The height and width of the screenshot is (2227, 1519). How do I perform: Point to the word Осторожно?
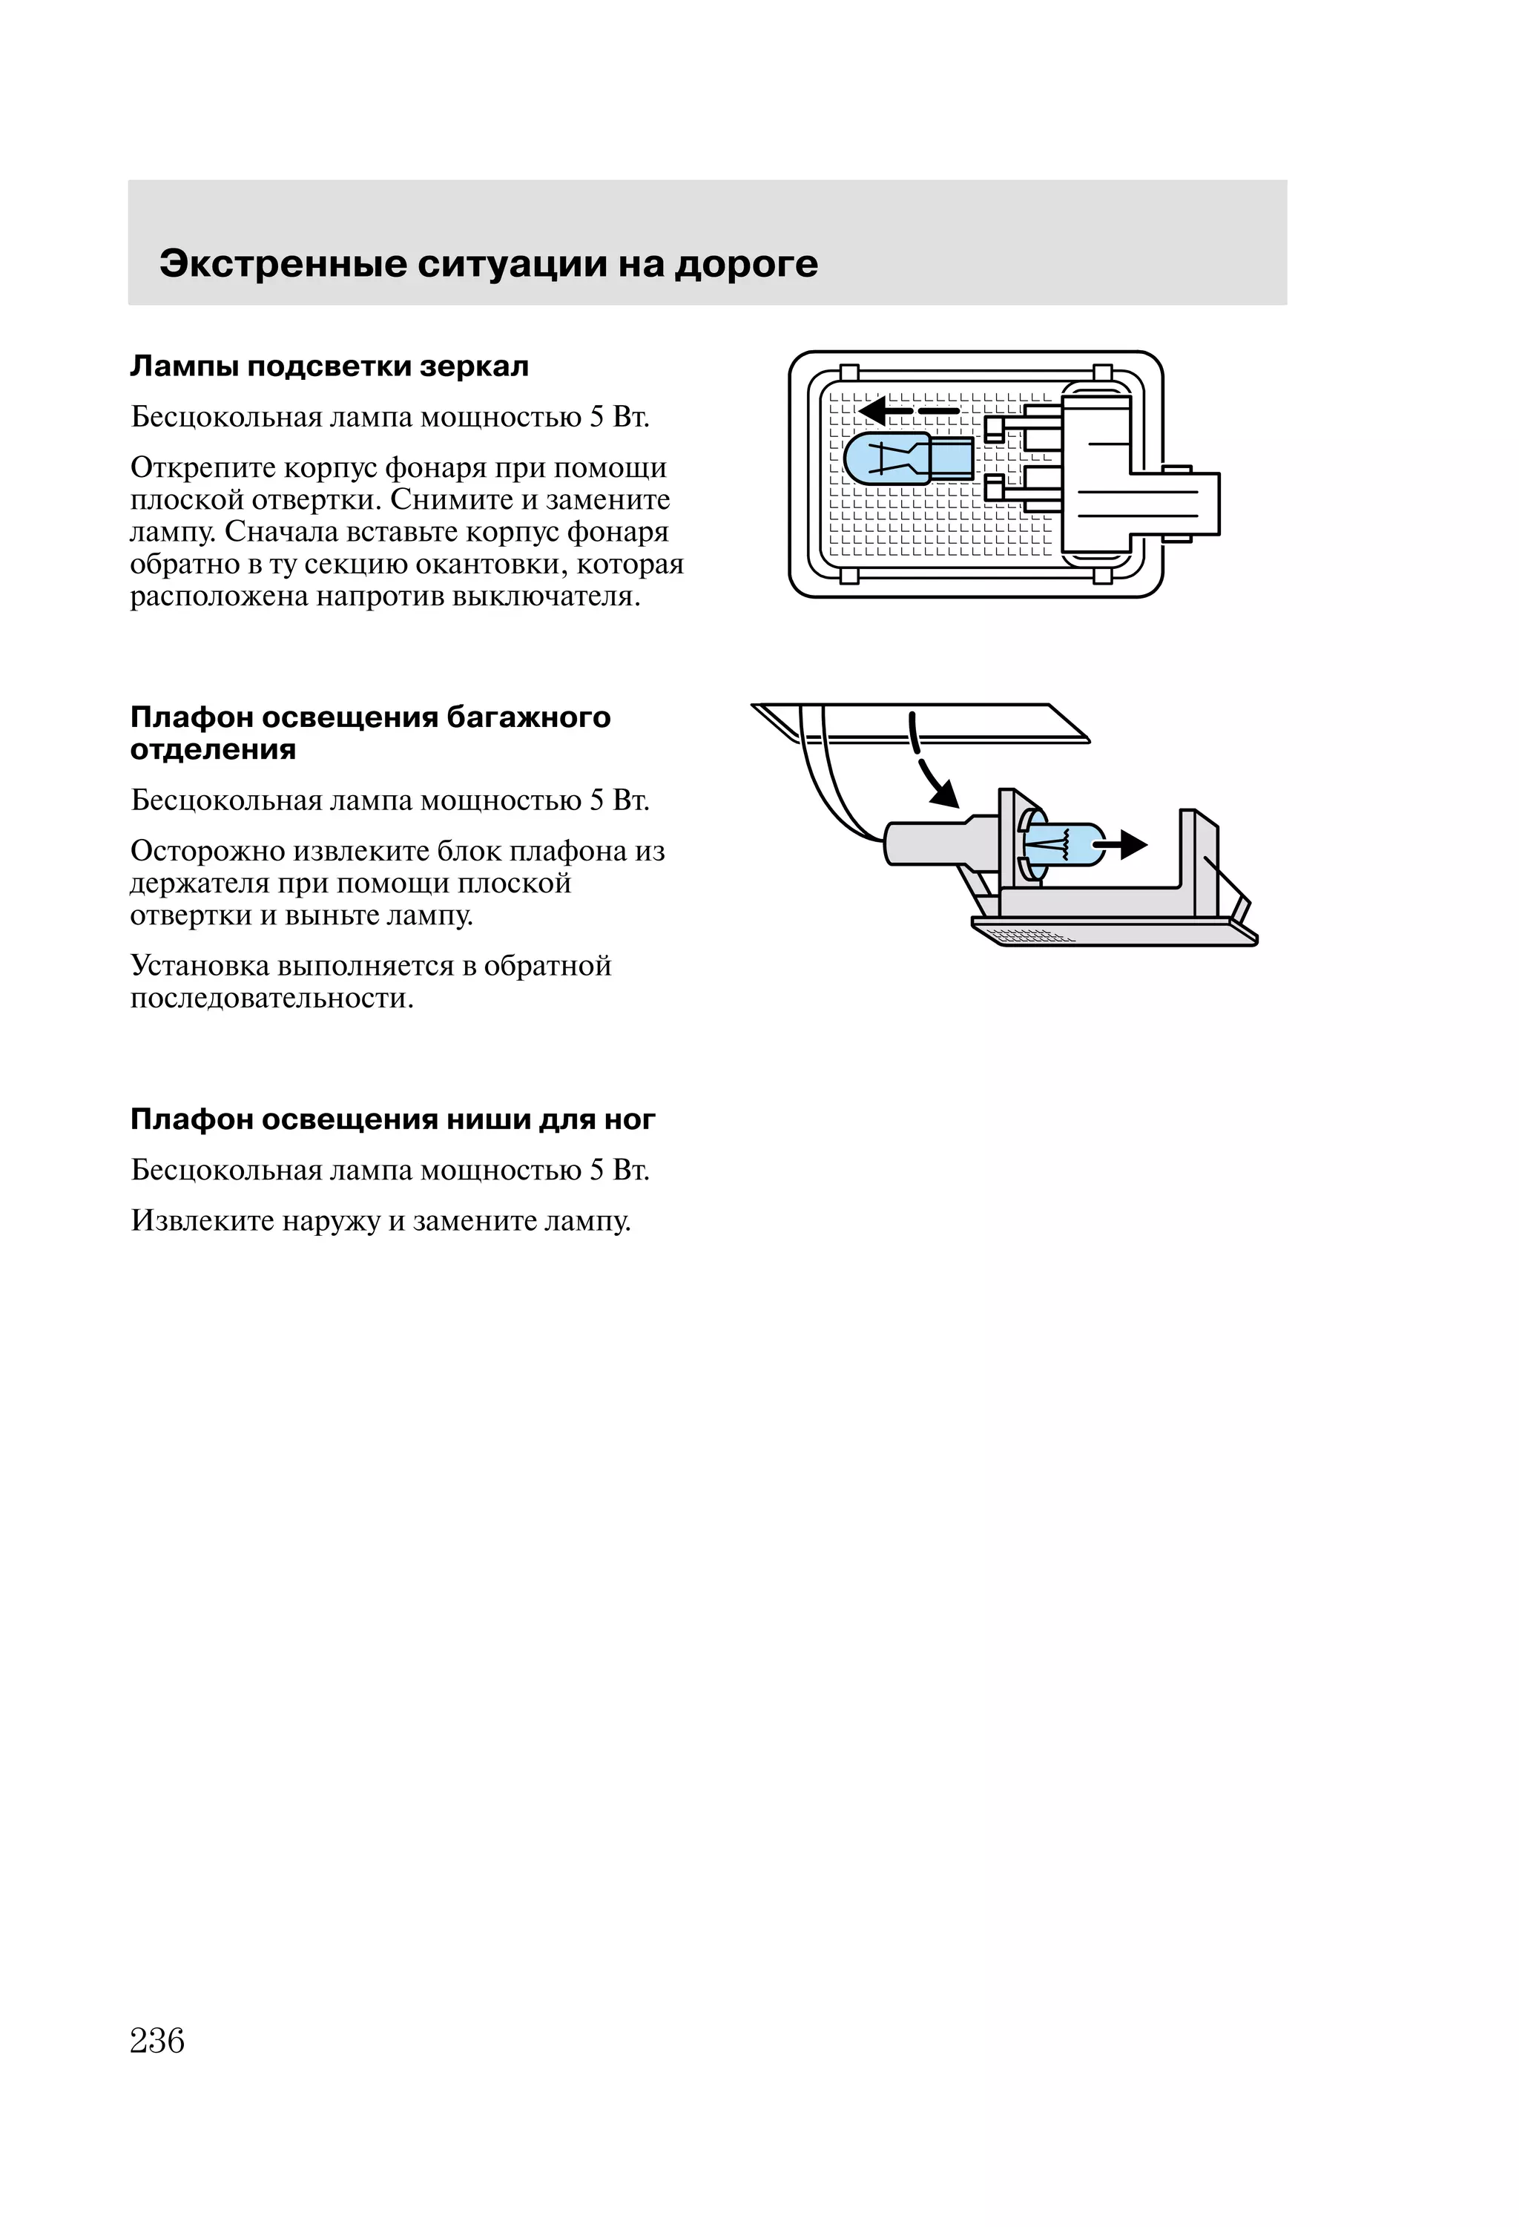[x=207, y=851]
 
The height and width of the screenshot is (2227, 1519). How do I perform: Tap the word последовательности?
[x=272, y=999]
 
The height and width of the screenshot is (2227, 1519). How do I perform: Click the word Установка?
[x=200, y=965]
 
